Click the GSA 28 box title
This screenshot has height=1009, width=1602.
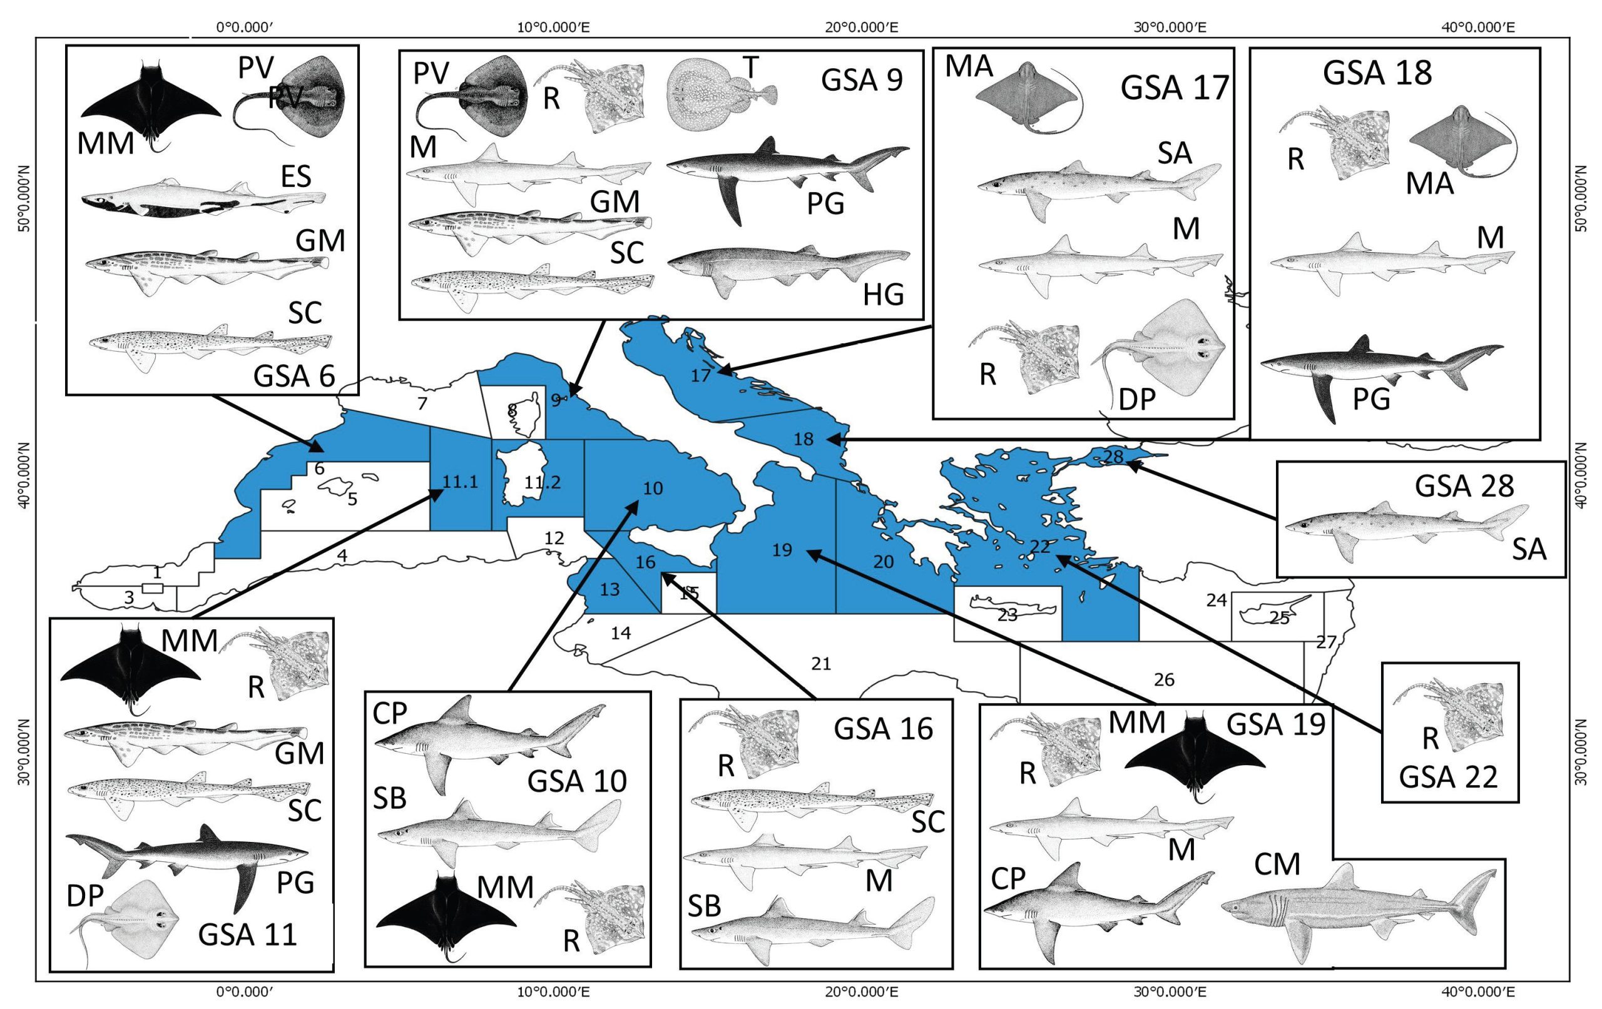click(1464, 485)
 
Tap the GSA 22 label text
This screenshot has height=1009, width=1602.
click(1447, 777)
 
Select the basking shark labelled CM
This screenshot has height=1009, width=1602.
click(1357, 915)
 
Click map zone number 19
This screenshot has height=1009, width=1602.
click(782, 550)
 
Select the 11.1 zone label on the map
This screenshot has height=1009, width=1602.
click(461, 482)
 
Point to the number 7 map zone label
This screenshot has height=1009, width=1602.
click(422, 403)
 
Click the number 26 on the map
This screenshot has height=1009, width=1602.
click(1163, 679)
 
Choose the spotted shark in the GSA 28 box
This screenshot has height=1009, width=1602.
click(1404, 526)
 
